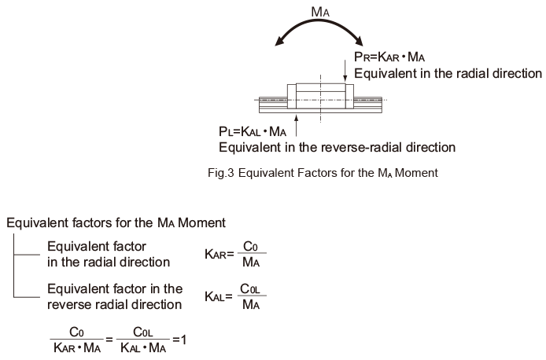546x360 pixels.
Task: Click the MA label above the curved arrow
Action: coord(320,12)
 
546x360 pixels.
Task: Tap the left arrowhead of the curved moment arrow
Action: coord(280,41)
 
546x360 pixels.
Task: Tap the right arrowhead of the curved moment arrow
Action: coord(358,41)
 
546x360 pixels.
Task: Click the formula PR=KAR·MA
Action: coord(389,57)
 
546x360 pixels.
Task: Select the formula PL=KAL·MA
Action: coord(253,131)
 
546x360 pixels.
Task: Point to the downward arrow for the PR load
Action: coord(345,71)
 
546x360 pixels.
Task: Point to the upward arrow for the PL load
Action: coord(297,126)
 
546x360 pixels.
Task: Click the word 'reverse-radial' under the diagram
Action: coord(355,148)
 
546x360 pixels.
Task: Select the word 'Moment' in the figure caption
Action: coord(416,173)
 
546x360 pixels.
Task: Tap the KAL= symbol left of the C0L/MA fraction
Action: coord(219,296)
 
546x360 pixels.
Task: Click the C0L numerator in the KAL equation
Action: coord(250,288)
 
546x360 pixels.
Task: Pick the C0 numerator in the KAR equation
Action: coord(250,246)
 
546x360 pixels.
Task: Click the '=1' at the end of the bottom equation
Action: coord(179,340)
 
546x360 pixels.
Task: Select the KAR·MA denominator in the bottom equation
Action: coord(77,347)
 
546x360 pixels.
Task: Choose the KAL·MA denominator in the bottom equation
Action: coord(143,347)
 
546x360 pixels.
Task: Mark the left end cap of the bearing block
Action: coord(291,97)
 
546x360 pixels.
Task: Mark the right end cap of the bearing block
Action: coord(349,97)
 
